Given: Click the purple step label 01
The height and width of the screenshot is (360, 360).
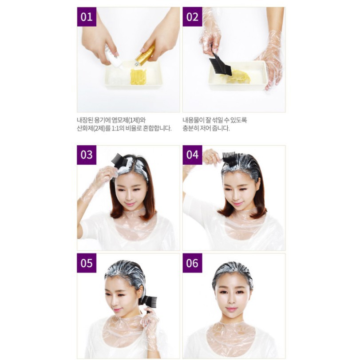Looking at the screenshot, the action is coord(87,17).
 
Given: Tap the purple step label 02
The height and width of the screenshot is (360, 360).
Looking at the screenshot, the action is coord(192,17).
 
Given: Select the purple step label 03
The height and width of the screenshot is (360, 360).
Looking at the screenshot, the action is coord(87,155).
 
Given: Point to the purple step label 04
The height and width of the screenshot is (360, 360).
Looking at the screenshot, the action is coord(192,155).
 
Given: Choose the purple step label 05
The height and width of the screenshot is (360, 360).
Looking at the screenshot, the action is coord(87,263).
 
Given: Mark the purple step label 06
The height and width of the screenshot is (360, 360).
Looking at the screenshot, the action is coord(192,263).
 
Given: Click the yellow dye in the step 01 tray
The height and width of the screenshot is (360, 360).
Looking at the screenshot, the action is coord(138,77).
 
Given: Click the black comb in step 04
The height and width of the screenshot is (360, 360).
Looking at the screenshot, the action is coord(229,158).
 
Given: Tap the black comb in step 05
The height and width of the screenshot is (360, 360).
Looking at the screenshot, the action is coord(149,301).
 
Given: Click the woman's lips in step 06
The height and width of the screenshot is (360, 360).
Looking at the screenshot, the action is coord(231,309).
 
